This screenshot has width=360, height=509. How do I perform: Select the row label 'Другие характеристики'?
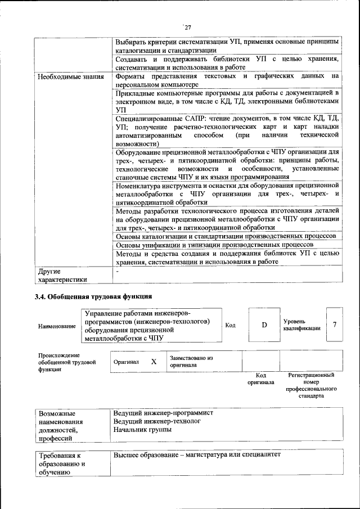coord(62,275)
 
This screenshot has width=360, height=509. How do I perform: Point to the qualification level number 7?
coord(335,325)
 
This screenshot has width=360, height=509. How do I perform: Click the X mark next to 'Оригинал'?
coord(154,362)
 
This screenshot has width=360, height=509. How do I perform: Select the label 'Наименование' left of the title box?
coord(57,326)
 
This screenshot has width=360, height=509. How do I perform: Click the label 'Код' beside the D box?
coord(230,325)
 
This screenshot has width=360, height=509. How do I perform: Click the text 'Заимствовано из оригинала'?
coord(191,361)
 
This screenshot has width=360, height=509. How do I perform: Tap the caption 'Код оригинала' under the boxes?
coord(260,379)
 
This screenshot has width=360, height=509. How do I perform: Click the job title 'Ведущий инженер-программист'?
coord(163,412)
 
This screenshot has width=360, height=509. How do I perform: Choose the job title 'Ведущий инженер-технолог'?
coord(157,421)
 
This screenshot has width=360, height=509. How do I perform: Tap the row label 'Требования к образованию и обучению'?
coord(61,464)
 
